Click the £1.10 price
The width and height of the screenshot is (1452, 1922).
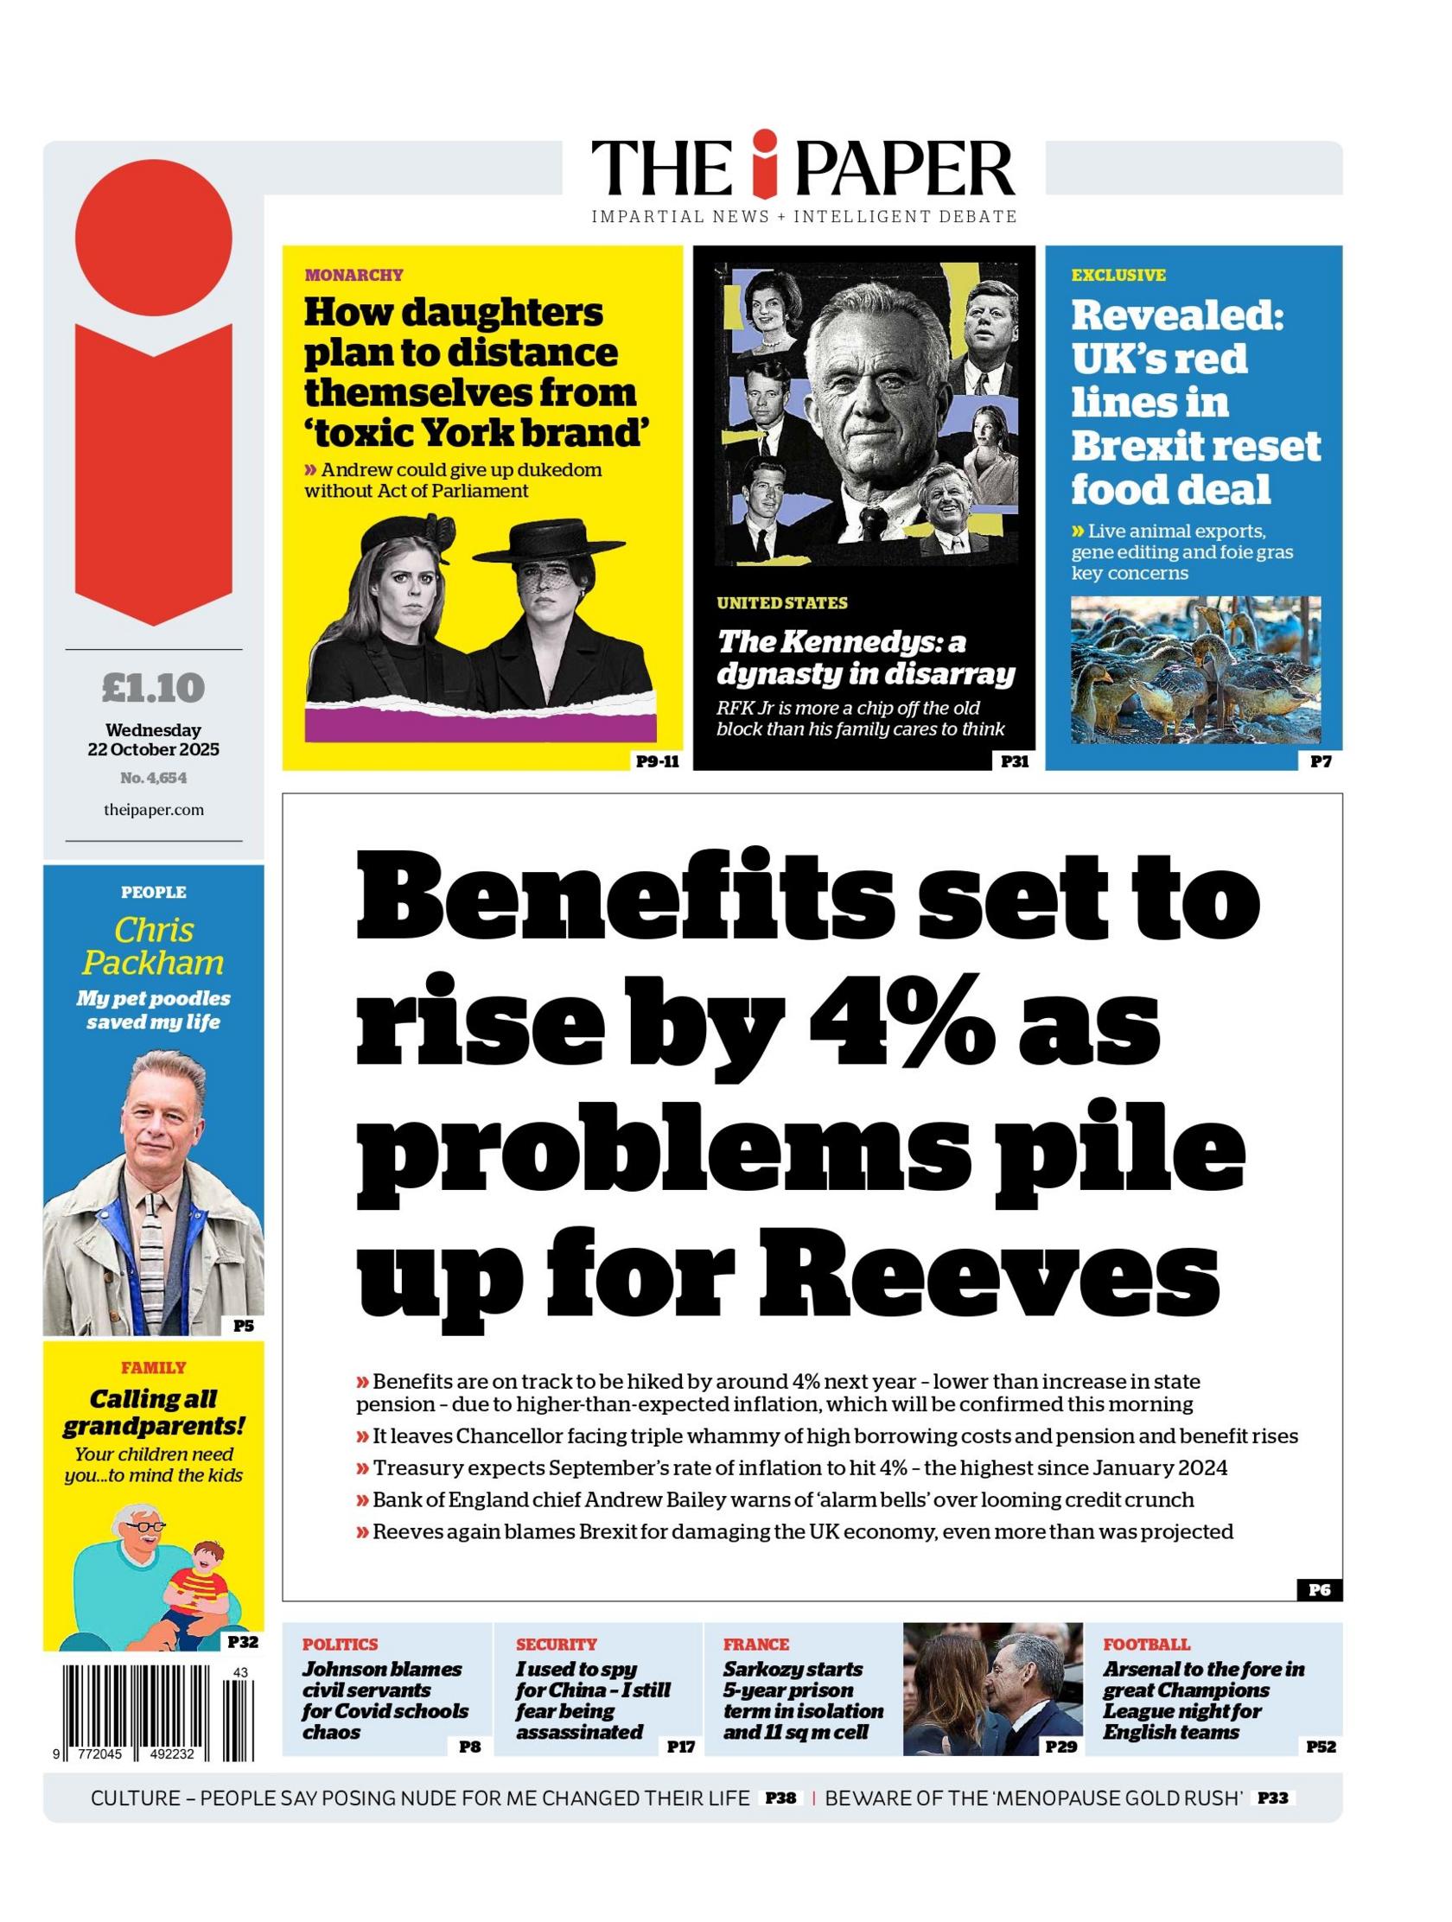click(153, 688)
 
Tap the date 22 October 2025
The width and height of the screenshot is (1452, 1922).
click(153, 749)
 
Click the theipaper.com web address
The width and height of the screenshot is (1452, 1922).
click(153, 810)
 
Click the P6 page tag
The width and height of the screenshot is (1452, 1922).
click(1318, 1590)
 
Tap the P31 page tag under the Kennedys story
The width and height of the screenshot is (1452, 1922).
click(1014, 762)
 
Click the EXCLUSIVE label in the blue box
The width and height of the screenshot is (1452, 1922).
click(1118, 276)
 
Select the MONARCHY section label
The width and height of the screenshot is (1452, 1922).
click(353, 276)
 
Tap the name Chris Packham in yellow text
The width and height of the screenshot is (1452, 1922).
click(153, 946)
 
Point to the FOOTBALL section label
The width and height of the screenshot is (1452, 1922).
click(1146, 1644)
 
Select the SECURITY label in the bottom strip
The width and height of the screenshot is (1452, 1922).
click(556, 1644)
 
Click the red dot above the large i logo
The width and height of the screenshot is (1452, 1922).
click(154, 236)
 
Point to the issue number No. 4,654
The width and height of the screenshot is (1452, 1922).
click(153, 778)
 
